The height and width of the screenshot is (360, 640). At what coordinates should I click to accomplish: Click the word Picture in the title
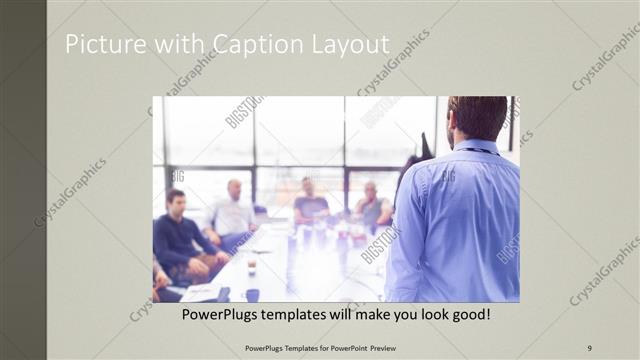[x=101, y=45]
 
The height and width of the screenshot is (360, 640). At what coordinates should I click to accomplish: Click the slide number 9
[x=589, y=347]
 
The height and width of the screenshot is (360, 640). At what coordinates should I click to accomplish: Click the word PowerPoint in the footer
[x=342, y=347]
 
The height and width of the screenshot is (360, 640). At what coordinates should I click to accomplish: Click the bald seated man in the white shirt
[x=232, y=210]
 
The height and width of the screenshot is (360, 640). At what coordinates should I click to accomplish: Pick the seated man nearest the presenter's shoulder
[x=372, y=205]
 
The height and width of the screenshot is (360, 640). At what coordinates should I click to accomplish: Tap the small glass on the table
[x=252, y=264]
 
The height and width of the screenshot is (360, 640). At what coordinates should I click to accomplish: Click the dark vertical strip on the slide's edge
[x=23, y=180]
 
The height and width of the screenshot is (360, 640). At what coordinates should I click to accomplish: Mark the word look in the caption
[x=424, y=315]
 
